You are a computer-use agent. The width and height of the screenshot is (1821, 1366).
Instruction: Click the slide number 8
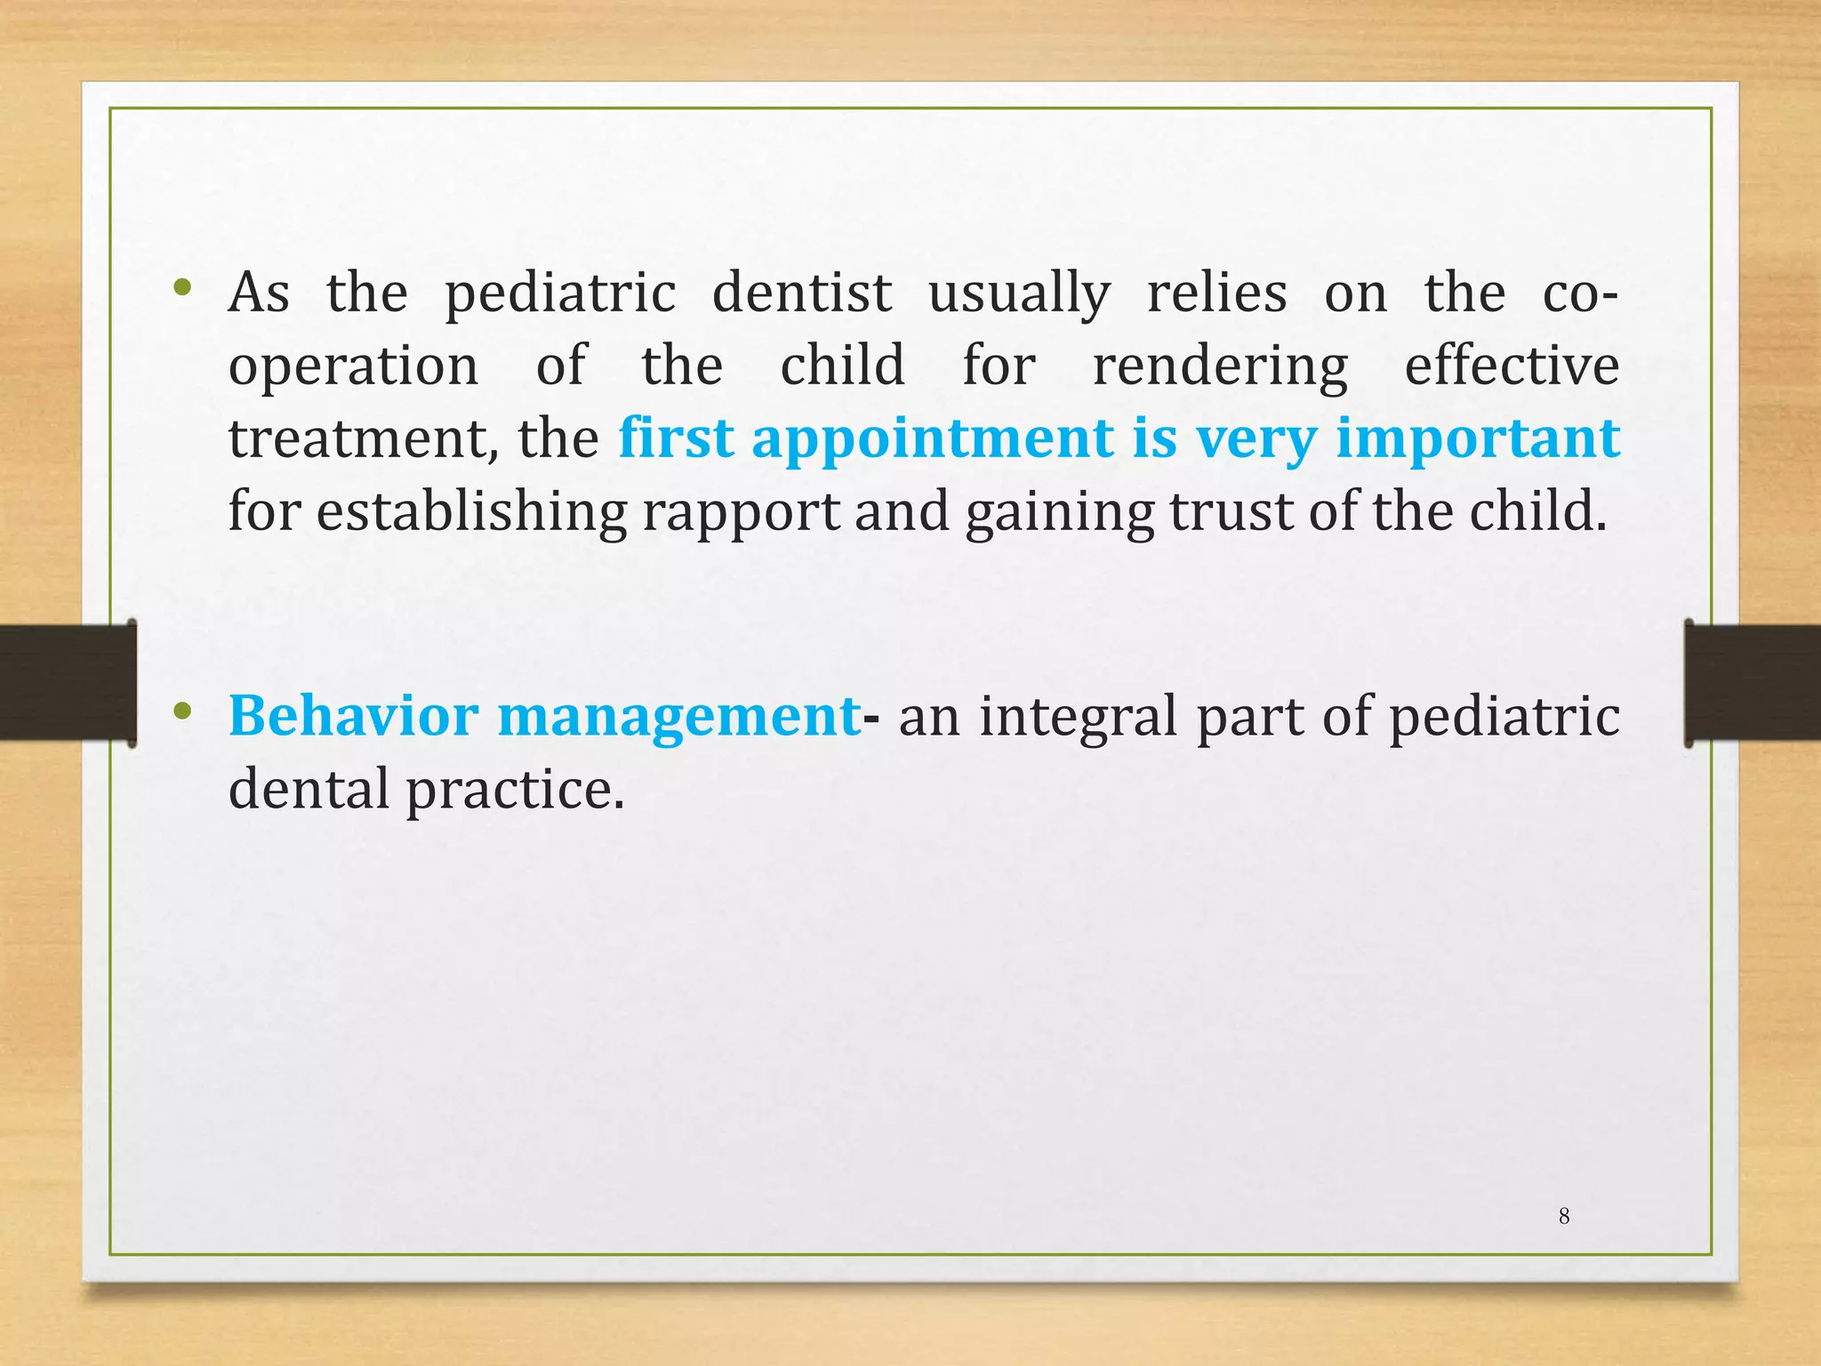click(1564, 1216)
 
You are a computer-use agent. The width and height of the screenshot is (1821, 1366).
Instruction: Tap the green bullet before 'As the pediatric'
click(183, 286)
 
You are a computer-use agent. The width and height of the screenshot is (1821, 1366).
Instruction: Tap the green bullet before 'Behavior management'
click(183, 710)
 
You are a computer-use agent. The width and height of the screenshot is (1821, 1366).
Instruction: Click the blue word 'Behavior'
click(353, 715)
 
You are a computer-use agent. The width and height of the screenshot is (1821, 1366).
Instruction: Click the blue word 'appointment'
click(933, 440)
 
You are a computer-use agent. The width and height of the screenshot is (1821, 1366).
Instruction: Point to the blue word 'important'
click(1478, 440)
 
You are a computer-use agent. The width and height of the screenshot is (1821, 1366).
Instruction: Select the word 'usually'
click(1019, 294)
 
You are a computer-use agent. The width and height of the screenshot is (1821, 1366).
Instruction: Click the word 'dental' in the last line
click(309, 789)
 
